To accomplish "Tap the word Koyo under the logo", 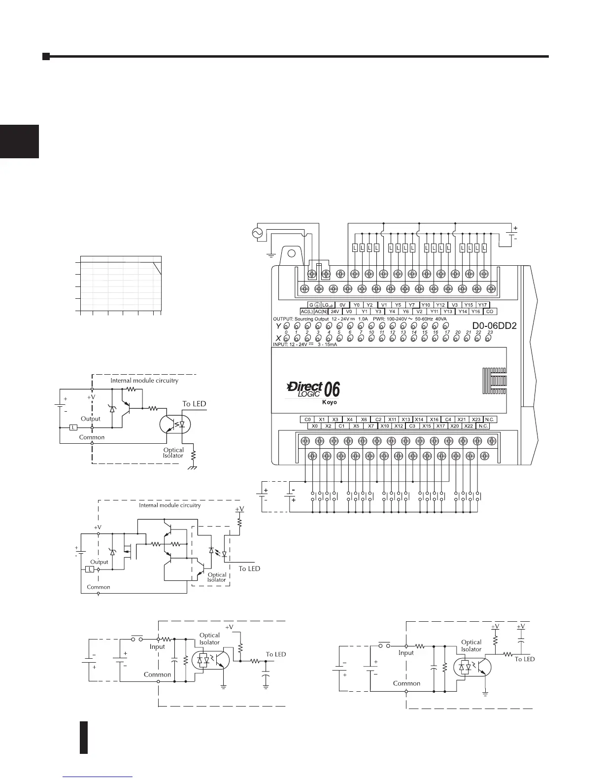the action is point(330,402).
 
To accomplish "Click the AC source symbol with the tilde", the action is point(257,233).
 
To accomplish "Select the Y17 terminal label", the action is point(482,305).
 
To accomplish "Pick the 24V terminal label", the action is point(335,312).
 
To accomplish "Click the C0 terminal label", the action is point(307,420).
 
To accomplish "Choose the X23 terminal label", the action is point(476,420).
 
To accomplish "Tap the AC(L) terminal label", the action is point(306,312).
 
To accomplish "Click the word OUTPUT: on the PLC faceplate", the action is point(283,319).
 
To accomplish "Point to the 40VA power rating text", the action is point(441,319).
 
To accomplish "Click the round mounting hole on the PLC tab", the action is point(291,254).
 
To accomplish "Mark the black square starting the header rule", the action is point(46,56).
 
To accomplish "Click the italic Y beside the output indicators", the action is point(278,326).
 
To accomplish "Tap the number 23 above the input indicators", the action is point(490,333).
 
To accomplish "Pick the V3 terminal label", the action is point(455,305).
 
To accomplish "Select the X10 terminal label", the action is point(385,426).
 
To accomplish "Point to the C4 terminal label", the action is point(448,420).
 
